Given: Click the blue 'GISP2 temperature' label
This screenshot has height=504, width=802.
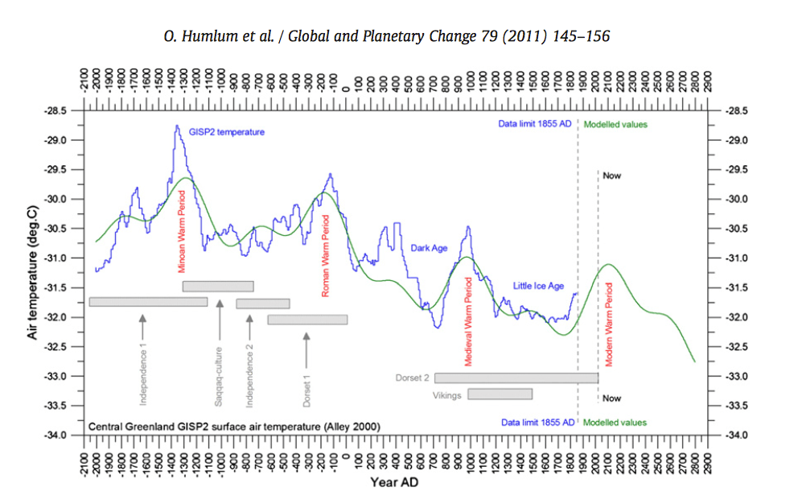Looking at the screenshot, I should (226, 131).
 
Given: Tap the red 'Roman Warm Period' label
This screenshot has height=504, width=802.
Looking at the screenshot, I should (326, 255).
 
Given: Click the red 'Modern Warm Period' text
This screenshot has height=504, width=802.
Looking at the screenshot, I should (609, 324).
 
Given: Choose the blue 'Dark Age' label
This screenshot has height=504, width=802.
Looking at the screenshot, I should (429, 248).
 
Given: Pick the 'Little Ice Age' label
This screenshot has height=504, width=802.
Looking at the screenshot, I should (538, 286).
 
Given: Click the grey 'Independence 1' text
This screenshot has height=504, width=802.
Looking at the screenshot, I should (144, 374).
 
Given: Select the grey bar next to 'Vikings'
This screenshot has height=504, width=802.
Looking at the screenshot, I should (500, 394).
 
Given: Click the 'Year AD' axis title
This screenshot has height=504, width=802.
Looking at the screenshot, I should (394, 483).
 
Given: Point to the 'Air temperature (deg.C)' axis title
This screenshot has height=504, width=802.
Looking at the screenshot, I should (33, 272).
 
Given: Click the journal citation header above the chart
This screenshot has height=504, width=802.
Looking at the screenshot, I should (400, 38).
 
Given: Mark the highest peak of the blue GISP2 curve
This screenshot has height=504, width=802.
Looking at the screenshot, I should (176, 126).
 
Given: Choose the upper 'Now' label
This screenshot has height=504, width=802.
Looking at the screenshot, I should (612, 176).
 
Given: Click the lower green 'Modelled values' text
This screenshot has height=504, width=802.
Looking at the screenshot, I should (615, 422).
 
